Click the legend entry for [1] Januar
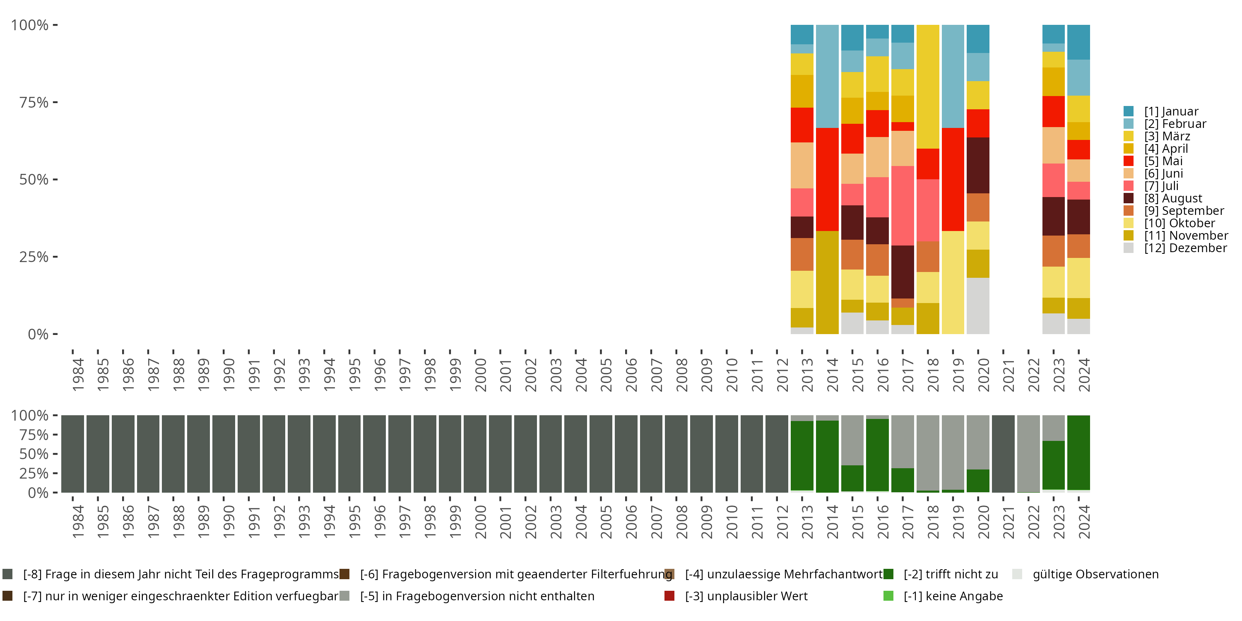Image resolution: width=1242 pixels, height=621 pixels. pyautogui.click(x=1171, y=111)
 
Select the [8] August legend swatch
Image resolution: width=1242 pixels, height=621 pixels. pyautogui.click(x=1129, y=198)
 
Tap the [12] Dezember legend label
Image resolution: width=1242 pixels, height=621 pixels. pyautogui.click(x=1185, y=248)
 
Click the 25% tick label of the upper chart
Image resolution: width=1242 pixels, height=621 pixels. pyautogui.click(x=34, y=257)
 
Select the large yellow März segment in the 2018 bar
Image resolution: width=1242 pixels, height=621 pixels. pyautogui.click(x=928, y=87)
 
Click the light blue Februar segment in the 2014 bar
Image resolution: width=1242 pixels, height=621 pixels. pyautogui.click(x=827, y=76)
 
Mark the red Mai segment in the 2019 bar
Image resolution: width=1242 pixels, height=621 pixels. pyautogui.click(x=953, y=179)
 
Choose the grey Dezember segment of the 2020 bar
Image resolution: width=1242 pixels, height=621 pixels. pyautogui.click(x=978, y=306)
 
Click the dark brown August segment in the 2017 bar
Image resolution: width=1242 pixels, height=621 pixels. pyautogui.click(x=903, y=272)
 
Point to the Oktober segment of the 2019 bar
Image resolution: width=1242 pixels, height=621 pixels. pyautogui.click(x=953, y=282)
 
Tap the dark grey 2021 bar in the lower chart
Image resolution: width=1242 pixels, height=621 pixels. pyautogui.click(x=1003, y=454)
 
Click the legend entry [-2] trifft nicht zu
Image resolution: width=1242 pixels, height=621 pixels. pyautogui.click(x=950, y=574)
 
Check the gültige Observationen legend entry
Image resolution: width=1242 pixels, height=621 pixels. pyautogui.click(x=1095, y=574)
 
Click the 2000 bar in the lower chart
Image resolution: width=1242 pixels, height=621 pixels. pyautogui.click(x=475, y=454)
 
